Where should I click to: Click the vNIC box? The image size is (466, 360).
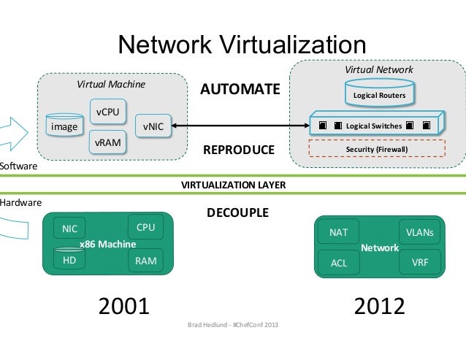click(153, 126)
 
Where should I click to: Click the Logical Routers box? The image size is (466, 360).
click(379, 95)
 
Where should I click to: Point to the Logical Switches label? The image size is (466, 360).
click(373, 126)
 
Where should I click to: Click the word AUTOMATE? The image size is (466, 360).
click(240, 90)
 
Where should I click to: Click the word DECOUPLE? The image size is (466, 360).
click(238, 213)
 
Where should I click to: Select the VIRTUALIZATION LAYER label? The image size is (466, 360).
click(233, 185)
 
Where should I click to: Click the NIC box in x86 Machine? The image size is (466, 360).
click(70, 229)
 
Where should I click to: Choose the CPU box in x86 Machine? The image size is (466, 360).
click(146, 227)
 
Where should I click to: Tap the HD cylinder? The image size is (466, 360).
click(70, 258)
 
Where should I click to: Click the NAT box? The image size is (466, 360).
click(339, 233)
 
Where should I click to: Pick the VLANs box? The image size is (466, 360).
click(420, 233)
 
